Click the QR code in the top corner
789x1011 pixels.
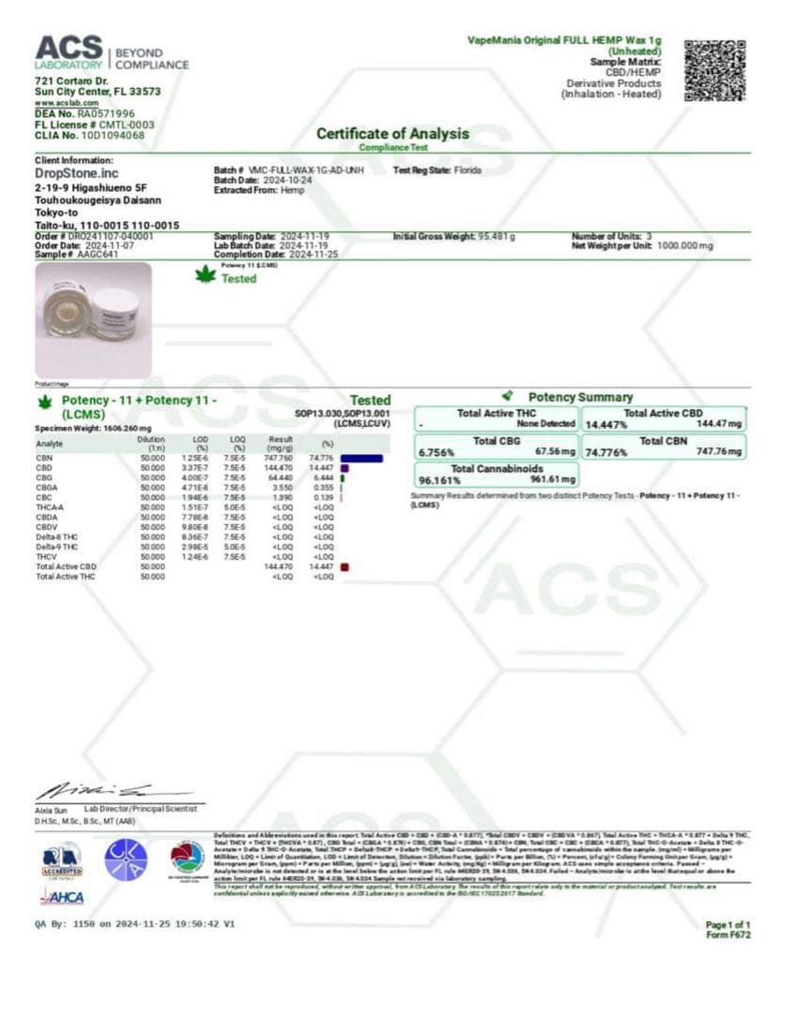715,70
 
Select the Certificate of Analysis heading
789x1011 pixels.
392,134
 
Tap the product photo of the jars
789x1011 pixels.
93,319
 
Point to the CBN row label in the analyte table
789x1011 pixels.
44,458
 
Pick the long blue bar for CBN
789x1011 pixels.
355,458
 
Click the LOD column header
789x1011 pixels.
197,439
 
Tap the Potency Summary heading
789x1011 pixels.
580,397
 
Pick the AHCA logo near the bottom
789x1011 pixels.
62,898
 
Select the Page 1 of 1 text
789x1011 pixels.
727,925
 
